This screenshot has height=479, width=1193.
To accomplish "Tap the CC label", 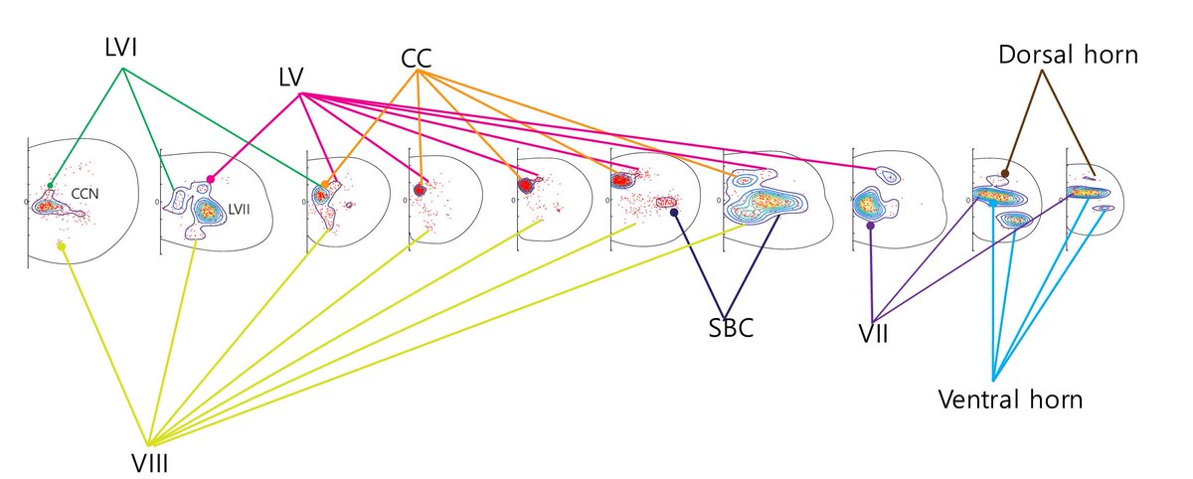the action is click(x=417, y=60).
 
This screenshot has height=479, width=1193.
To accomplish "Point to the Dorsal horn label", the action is click(x=1067, y=55).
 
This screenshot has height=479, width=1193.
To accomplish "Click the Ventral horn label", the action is click(x=1010, y=399).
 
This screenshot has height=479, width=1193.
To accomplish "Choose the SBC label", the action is click(x=726, y=328).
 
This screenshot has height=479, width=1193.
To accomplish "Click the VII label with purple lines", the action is click(x=871, y=332).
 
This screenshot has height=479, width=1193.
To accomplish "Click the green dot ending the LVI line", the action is click(x=50, y=186).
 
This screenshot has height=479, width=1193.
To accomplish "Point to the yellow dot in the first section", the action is click(x=62, y=245).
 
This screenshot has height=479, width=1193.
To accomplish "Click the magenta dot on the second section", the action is click(x=211, y=179).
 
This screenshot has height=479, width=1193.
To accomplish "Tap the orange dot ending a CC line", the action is click(x=325, y=185).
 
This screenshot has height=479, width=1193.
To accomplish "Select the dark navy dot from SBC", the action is click(x=674, y=212).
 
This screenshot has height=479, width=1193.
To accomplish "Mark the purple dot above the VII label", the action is click(x=871, y=226).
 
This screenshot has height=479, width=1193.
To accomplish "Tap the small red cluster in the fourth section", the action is click(x=420, y=188).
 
